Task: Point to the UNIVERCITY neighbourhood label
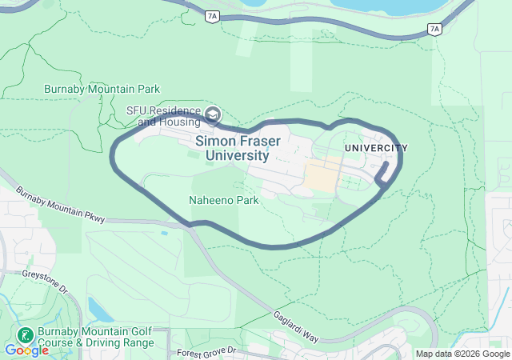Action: point(376,148)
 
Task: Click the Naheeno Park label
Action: point(223,201)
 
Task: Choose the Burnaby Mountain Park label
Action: point(102,89)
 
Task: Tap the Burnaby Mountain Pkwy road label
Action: point(60,205)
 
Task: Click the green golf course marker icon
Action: point(25,334)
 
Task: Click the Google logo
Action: point(26,350)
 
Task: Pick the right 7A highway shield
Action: point(434,29)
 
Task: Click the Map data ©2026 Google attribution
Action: point(462,354)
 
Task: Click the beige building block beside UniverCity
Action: point(324,175)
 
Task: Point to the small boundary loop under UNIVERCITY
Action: point(384,175)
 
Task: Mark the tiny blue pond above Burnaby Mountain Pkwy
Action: point(164,234)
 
